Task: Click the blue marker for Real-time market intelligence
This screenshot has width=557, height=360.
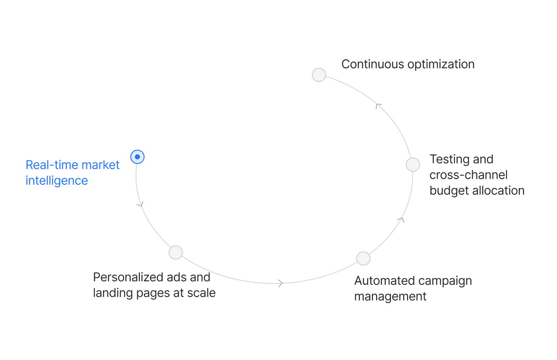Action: tap(137, 157)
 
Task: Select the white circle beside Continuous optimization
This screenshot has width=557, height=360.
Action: tap(319, 75)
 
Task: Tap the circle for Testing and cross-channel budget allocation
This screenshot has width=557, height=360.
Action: tap(413, 165)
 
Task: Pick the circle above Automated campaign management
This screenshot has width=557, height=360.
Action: tap(363, 258)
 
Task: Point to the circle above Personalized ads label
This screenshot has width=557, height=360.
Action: tap(176, 252)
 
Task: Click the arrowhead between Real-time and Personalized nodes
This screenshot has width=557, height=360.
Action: tap(140, 203)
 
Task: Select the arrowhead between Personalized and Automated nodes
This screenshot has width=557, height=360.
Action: tap(280, 283)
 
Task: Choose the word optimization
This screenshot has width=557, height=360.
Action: tap(441, 64)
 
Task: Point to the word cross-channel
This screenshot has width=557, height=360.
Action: tap(468, 175)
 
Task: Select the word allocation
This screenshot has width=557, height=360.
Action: tap(498, 190)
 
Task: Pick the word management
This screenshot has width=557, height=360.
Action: tap(390, 297)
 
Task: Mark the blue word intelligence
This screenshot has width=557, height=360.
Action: tap(56, 180)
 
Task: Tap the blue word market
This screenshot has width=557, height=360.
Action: tap(100, 165)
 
